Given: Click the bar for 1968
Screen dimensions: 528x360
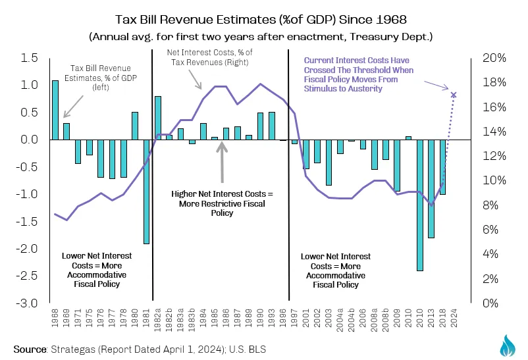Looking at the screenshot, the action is (x=55, y=110).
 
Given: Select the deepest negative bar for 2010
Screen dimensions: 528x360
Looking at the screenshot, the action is (x=420, y=205).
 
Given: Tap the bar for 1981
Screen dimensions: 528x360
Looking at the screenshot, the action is (x=146, y=192).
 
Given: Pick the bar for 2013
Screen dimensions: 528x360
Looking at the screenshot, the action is (x=431, y=189).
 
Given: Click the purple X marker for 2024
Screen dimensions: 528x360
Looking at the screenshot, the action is (x=454, y=95).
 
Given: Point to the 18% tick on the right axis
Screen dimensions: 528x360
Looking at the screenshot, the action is (x=494, y=82).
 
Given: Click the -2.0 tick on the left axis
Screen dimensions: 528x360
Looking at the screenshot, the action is (x=27, y=249).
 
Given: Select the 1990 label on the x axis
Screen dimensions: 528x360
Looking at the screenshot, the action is (x=260, y=318).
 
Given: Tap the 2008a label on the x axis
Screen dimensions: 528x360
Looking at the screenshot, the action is (x=374, y=320).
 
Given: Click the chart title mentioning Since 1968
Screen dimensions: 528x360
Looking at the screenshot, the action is (x=261, y=20).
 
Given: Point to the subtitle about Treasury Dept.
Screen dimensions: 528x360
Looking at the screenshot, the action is (x=261, y=36).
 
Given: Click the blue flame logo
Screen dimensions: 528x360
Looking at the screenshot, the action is (x=508, y=346).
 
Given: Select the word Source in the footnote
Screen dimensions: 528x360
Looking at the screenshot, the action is (x=30, y=349).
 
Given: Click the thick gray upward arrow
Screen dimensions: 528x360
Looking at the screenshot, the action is (x=222, y=163).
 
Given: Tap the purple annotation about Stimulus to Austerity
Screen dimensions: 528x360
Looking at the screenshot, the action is (x=359, y=74).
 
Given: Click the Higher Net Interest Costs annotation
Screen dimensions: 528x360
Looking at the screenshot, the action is (x=222, y=203).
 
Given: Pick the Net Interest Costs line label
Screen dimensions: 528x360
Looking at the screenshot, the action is (x=210, y=57).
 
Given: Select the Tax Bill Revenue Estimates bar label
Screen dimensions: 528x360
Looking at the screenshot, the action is (x=101, y=78).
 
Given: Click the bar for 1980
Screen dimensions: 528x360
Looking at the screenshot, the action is (x=135, y=126).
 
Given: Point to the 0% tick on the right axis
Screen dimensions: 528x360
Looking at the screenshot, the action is (x=490, y=303).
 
